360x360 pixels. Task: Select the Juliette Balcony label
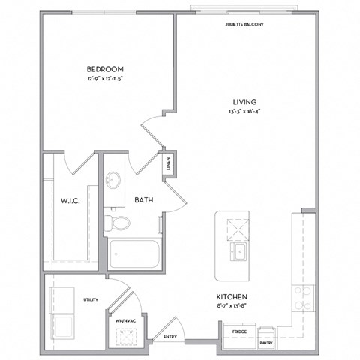pos(244,24)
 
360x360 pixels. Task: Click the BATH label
pos(144,200)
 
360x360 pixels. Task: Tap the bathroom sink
pos(114,181)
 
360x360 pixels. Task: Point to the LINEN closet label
pos(169,165)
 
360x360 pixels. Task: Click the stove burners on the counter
pos(303,298)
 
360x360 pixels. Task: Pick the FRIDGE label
pos(239,330)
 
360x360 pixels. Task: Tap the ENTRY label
pos(169,337)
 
